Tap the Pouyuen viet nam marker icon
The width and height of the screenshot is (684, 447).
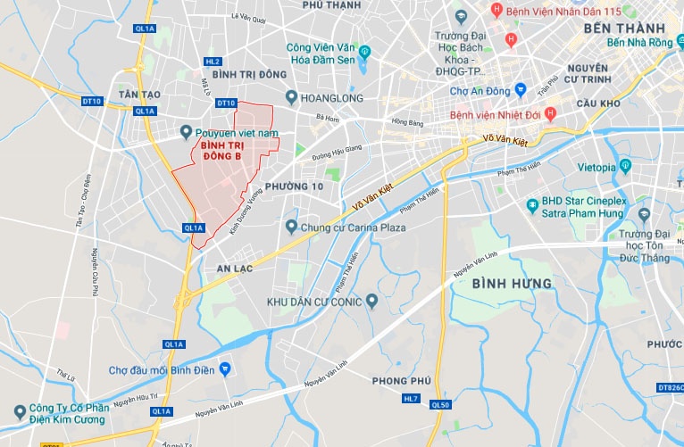tap(186, 131)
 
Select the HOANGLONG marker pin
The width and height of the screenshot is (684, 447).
tap(291, 97)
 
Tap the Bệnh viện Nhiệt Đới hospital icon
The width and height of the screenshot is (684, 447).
tap(550, 113)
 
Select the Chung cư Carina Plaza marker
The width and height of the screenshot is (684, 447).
tap(291, 228)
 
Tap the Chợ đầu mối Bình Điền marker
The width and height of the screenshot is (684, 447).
tap(227, 368)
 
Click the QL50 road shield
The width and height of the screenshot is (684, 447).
tap(440, 404)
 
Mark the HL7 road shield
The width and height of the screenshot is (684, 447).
tap(410, 397)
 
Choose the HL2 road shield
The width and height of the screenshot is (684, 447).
tap(212, 62)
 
